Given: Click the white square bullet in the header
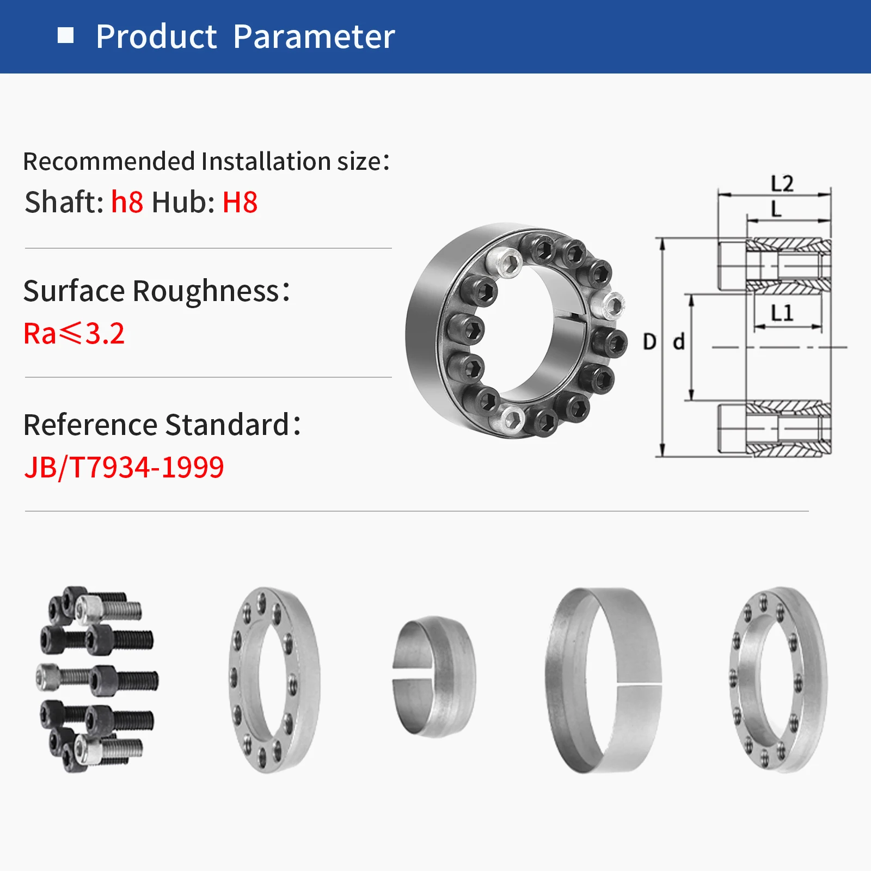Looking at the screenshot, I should coord(65,36).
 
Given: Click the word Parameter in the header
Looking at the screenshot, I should coord(314,37).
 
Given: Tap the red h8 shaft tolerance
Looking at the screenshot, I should coord(127,203).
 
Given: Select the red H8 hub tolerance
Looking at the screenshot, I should coord(240,203).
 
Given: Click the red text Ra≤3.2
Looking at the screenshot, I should coord(74,333).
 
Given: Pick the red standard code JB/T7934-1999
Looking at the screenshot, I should coord(124,467).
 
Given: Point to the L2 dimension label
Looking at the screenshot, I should coord(782,183).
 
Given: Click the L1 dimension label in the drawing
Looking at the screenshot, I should coord(782,313).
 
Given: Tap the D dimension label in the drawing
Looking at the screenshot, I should coord(649,342).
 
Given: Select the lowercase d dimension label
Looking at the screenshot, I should coord(678,342).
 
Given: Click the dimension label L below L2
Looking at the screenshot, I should coord(776,208).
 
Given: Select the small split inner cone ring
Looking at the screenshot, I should coord(434,676).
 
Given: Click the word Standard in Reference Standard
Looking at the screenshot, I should coord(227,425).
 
